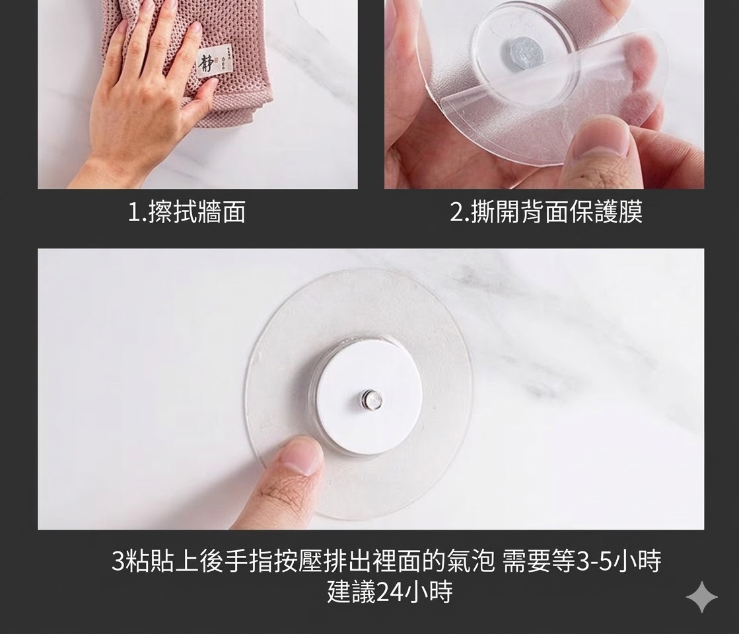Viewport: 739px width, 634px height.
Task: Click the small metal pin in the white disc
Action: tap(372, 401)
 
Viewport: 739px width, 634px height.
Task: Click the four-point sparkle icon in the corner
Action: tap(702, 597)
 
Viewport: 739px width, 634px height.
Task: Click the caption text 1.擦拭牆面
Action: tap(187, 211)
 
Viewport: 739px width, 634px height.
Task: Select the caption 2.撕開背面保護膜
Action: tap(546, 211)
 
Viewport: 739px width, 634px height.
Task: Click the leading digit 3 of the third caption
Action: tap(118, 561)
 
